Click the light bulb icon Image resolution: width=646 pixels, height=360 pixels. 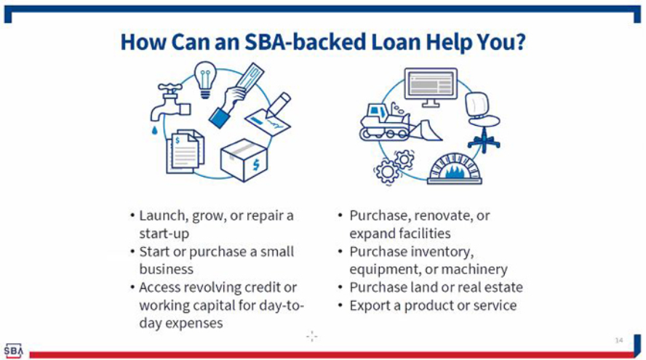coord(205,79)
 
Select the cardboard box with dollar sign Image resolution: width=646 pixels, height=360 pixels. coord(244,160)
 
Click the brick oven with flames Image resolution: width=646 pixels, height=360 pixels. coord(455,169)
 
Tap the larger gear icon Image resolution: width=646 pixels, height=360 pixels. coord(386,172)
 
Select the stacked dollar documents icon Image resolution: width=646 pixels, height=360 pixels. coord(185,151)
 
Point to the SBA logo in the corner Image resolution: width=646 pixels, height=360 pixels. coord(13,351)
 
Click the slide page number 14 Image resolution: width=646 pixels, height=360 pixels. coord(619,340)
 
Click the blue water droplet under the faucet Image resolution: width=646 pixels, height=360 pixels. coord(155,130)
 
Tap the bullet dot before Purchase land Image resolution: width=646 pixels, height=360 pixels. coord(340,287)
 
